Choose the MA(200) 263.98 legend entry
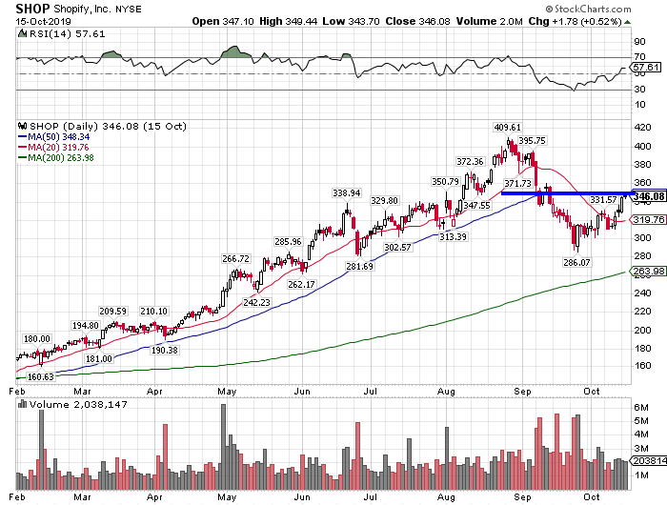click(x=58, y=157)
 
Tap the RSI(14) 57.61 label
click(x=47, y=32)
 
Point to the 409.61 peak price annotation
click(x=506, y=128)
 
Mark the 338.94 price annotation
click(x=347, y=192)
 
